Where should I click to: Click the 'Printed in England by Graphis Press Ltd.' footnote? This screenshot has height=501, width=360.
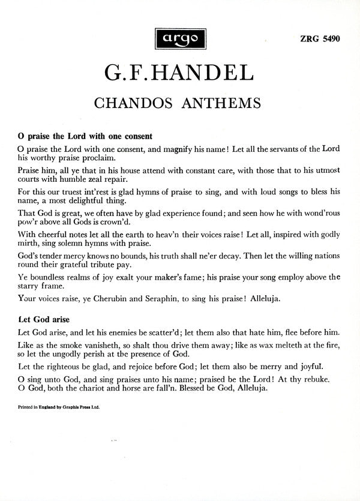59,406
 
